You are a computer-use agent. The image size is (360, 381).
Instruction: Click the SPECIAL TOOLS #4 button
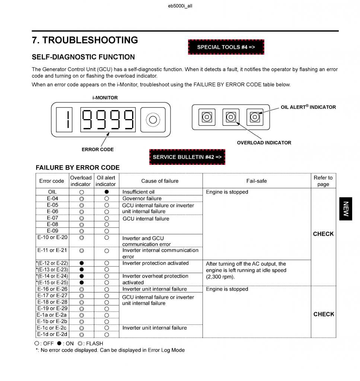(x=226, y=47)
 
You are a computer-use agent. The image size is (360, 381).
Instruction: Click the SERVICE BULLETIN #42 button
(x=187, y=157)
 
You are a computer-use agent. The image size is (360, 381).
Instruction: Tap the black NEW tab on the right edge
(x=345, y=209)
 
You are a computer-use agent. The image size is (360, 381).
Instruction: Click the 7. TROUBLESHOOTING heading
(x=85, y=40)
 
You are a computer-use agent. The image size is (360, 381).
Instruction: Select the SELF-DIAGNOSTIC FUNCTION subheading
(x=83, y=57)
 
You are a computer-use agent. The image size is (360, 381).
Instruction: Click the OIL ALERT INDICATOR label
(x=308, y=107)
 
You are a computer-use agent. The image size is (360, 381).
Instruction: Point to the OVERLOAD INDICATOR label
(x=264, y=143)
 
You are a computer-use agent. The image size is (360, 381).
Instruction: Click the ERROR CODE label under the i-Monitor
(x=98, y=150)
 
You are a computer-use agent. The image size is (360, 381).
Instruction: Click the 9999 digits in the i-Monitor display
(x=108, y=120)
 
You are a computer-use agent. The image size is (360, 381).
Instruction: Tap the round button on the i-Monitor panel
(x=153, y=120)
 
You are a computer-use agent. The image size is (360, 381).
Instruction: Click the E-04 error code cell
(x=52, y=199)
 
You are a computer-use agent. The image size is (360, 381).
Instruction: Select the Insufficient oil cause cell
(x=138, y=192)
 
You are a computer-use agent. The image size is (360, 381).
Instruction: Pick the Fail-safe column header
(x=257, y=181)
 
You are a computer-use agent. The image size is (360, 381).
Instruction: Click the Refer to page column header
(x=323, y=181)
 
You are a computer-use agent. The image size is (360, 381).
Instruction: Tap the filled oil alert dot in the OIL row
(x=106, y=192)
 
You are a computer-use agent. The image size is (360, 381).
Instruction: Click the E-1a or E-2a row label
(x=52, y=315)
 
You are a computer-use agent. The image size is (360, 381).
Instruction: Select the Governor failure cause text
(x=142, y=199)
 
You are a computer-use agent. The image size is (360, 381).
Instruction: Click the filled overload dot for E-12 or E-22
(x=82, y=263)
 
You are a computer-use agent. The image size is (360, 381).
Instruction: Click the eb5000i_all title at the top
(x=180, y=6)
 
